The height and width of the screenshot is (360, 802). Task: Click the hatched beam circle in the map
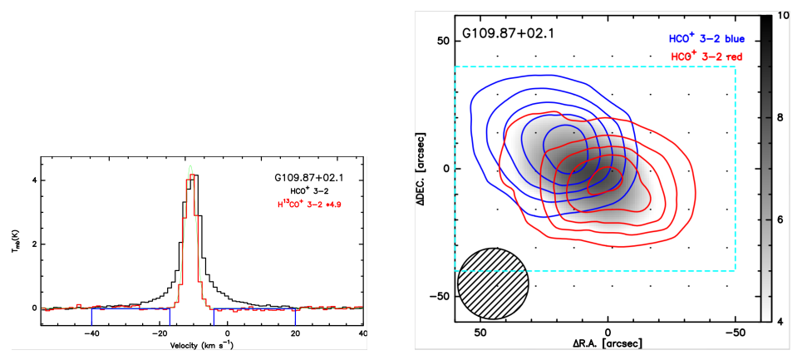492,284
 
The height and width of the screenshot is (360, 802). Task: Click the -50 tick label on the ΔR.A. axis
735,332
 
